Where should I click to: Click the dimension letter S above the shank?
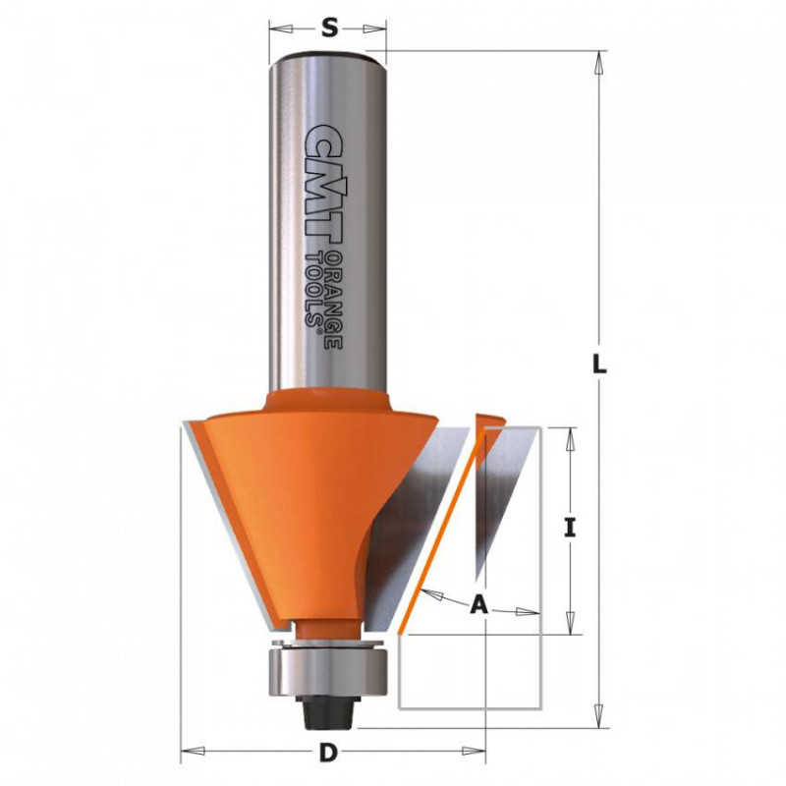(328, 28)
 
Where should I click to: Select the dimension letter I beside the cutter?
(569, 529)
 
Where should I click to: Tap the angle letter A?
(478, 605)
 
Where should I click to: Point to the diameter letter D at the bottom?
(328, 753)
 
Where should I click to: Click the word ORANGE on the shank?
(333, 300)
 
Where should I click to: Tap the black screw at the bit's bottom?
(328, 711)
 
